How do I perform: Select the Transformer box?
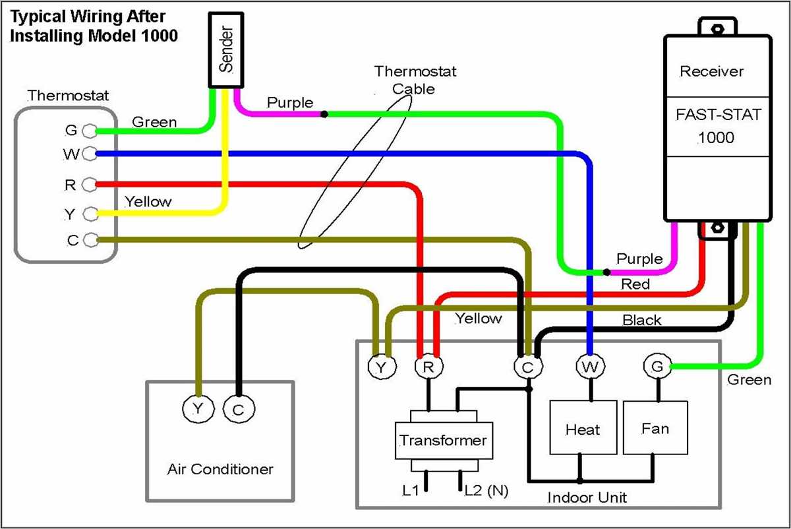(x=443, y=440)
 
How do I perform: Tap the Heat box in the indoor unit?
(x=583, y=429)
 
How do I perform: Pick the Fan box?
(x=655, y=429)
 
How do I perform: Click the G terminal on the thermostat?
(x=89, y=131)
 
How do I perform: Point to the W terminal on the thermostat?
(x=89, y=154)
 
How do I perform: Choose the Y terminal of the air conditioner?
(x=197, y=410)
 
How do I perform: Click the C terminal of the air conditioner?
(x=237, y=410)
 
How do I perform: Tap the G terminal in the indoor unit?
(x=655, y=366)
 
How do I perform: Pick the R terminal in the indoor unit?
(x=428, y=367)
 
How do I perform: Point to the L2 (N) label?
(x=486, y=490)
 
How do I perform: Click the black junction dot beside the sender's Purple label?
(x=324, y=114)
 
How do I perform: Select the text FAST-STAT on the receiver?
(x=718, y=115)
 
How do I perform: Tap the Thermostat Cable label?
(x=415, y=79)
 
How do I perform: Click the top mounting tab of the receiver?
(x=717, y=28)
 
